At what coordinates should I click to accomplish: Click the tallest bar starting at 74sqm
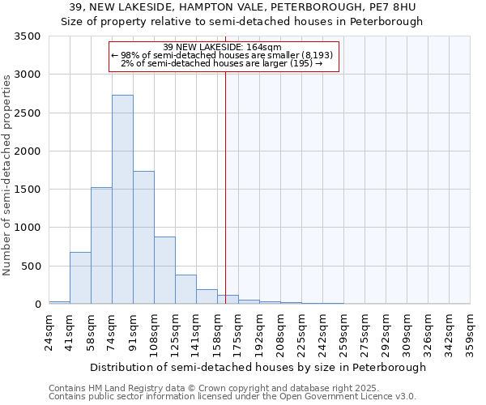click(122, 199)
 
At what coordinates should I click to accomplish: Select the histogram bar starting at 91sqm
click(143, 237)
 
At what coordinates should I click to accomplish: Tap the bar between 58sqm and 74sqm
click(101, 245)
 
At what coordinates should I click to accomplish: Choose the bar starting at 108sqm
click(164, 271)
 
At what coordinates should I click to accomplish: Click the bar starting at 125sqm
click(185, 289)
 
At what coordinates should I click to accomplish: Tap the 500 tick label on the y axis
click(32, 266)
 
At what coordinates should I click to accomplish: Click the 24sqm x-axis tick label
click(49, 330)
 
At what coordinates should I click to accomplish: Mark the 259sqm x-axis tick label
click(344, 331)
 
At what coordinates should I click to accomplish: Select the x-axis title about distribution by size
click(258, 367)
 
